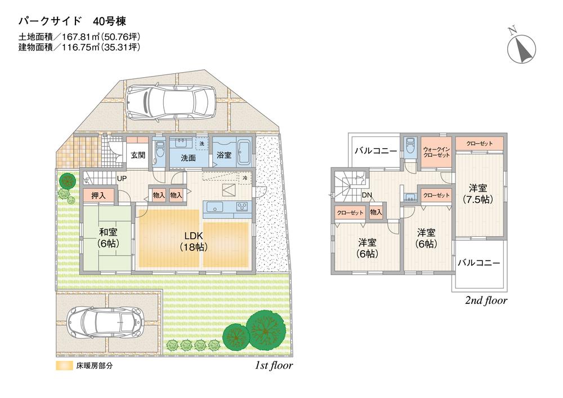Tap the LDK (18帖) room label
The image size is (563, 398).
tap(192, 241)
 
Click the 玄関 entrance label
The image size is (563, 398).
tap(138, 156)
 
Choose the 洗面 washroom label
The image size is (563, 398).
tap(188, 158)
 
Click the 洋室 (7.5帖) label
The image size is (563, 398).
tap(478, 193)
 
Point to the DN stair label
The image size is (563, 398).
tap(367, 196)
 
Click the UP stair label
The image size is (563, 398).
tap(121, 179)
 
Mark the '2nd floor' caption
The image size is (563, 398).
tap(486, 300)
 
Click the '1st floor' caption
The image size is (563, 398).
tap(274, 365)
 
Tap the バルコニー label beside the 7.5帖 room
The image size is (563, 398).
tap(479, 263)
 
